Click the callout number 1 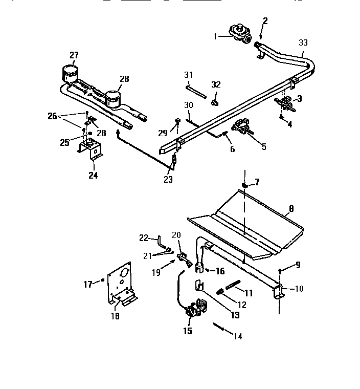click(x=215, y=36)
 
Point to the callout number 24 click(x=94, y=176)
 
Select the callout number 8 click(x=290, y=208)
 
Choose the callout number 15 click(x=188, y=331)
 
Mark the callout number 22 click(x=144, y=237)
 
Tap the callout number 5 click(x=264, y=147)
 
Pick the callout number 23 click(x=168, y=180)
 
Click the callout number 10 click(x=299, y=289)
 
